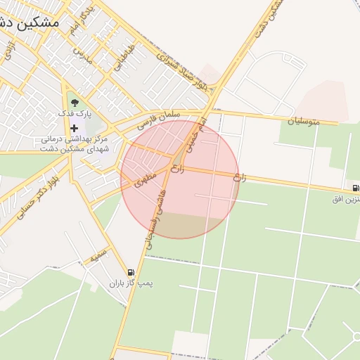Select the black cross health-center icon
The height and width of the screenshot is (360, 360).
pyautogui.click(x=75, y=128)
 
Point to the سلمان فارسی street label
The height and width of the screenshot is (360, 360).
pyautogui.click(x=159, y=120)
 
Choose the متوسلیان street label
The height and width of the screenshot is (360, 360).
pyautogui.click(x=303, y=122)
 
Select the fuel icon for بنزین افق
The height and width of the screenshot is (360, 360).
pyautogui.click(x=356, y=188)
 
